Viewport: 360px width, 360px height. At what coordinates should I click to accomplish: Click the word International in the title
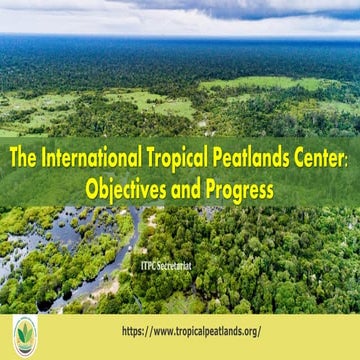pos(91,158)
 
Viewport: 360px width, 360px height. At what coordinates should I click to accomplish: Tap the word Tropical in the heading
pos(172,158)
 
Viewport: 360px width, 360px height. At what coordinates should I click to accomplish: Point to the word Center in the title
pos(317,158)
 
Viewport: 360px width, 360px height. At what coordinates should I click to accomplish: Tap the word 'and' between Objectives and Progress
pos(185,187)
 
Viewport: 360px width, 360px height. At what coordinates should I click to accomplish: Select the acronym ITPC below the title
pos(153,240)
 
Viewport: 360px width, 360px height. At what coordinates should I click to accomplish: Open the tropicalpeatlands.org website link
pos(191,331)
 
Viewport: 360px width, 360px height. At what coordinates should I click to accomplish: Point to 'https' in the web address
pos(133,331)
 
